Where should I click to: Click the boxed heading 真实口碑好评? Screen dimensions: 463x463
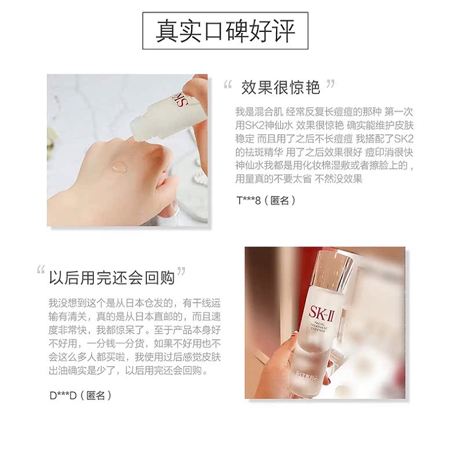pyautogui.click(x=226, y=31)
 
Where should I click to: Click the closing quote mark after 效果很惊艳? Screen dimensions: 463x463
pyautogui.click(x=330, y=84)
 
